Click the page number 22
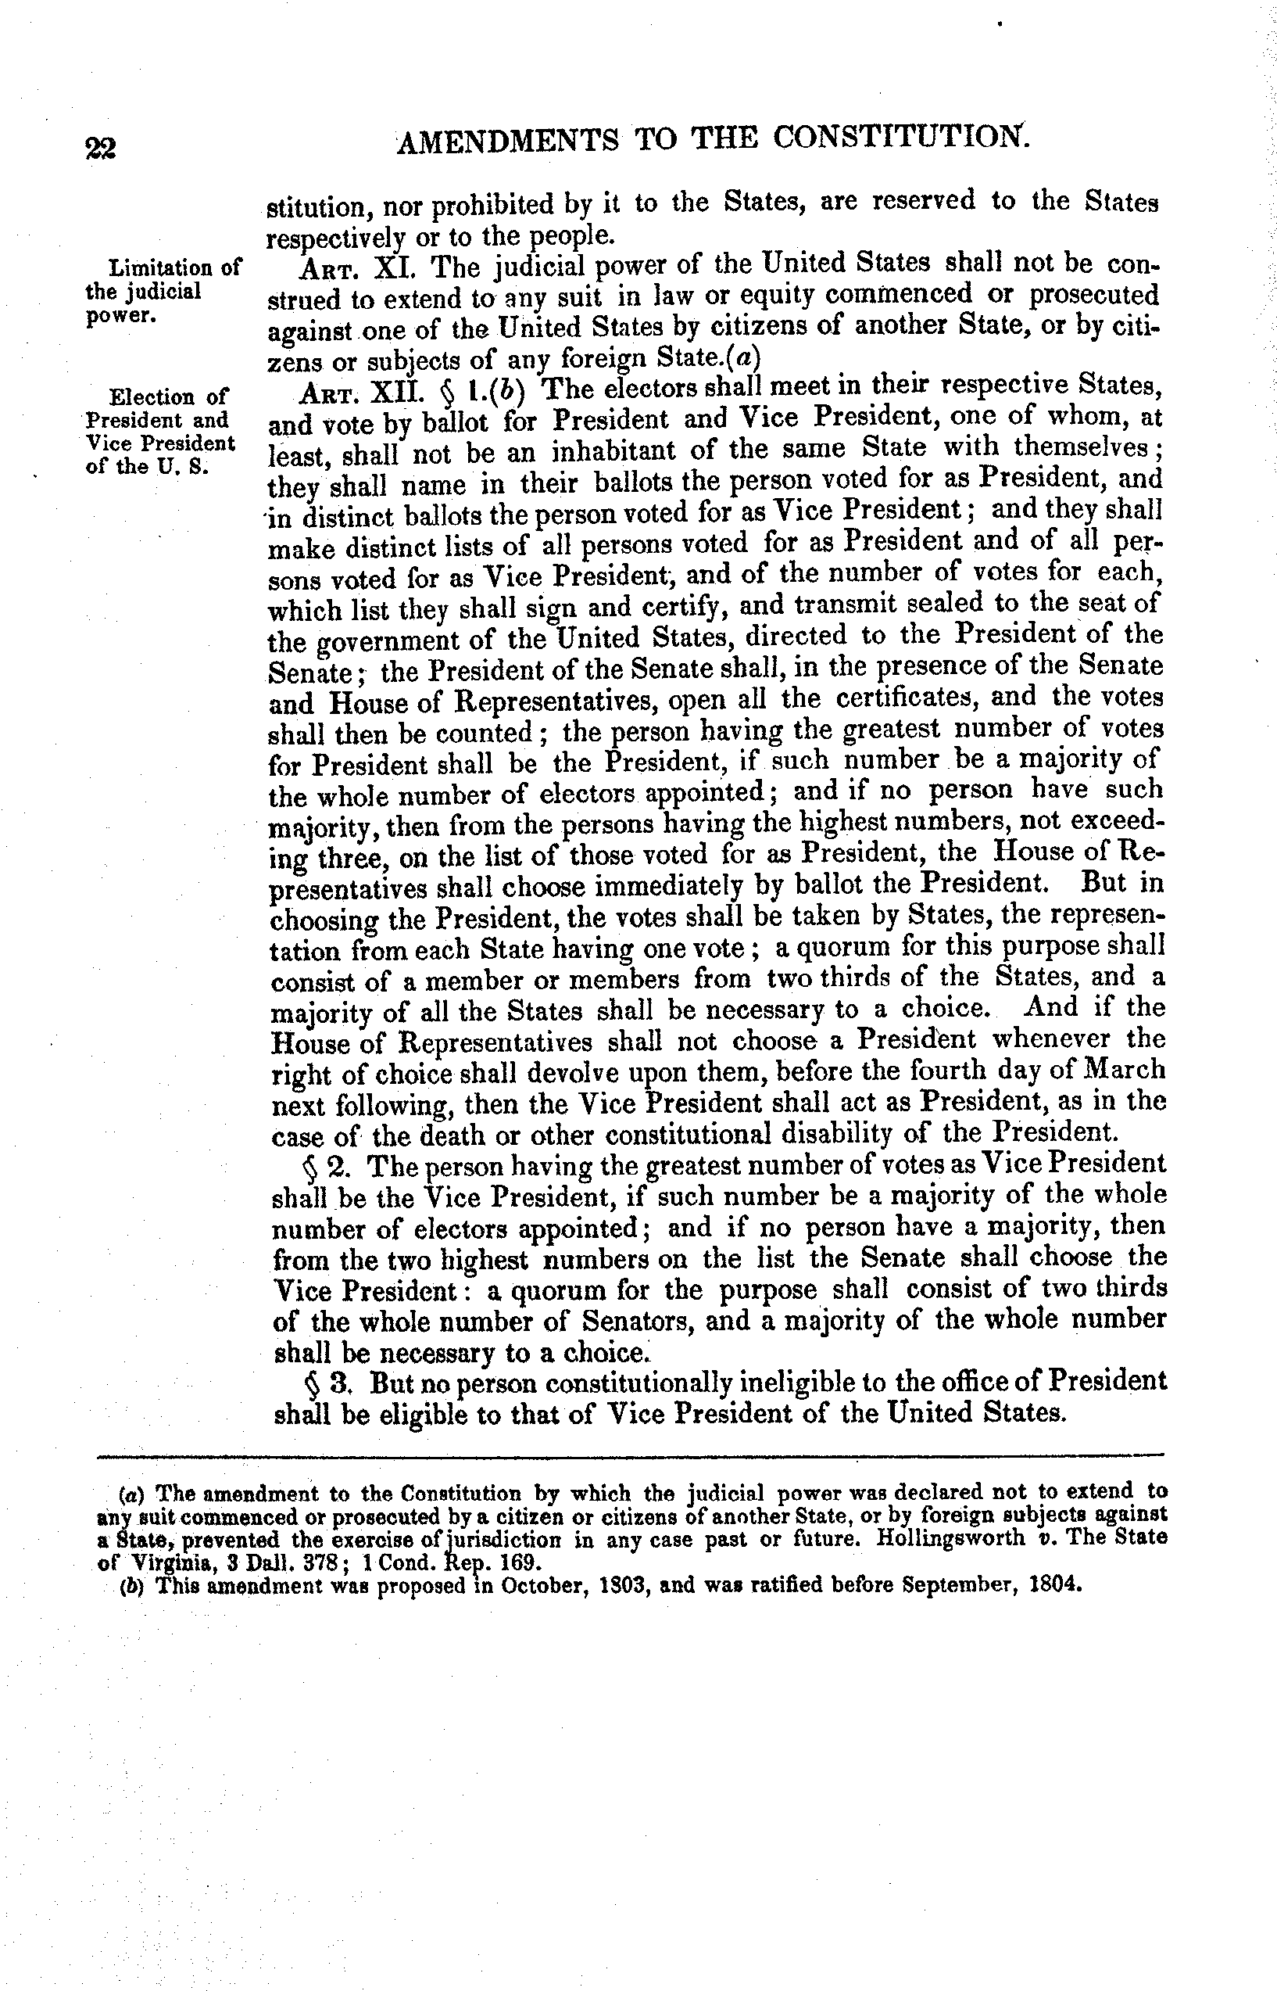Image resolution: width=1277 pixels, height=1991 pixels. pyautogui.click(x=100, y=148)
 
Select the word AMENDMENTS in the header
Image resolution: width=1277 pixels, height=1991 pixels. pyautogui.click(x=507, y=141)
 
